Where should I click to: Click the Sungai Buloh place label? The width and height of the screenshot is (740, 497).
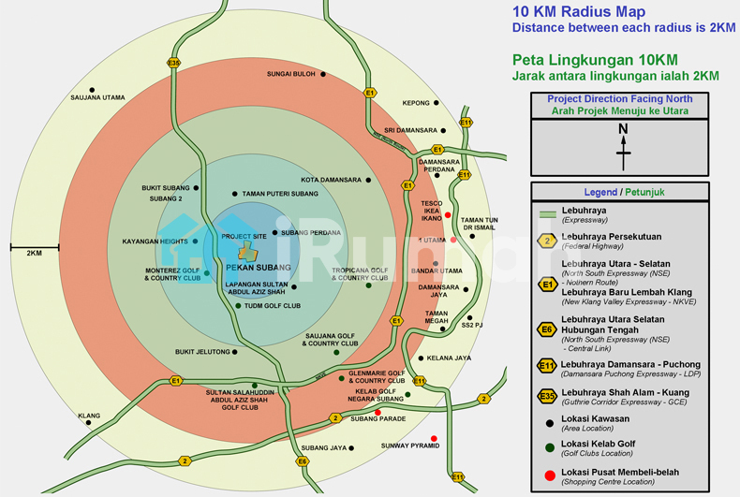click(291, 73)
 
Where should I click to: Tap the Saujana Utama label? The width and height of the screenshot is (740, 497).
click(97, 97)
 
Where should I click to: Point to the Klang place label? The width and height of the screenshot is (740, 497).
click(89, 416)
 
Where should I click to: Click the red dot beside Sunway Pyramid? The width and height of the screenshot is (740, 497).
click(433, 439)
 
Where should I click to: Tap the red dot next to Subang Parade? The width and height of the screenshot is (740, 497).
click(377, 413)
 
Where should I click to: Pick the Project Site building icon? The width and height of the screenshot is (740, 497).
click(246, 250)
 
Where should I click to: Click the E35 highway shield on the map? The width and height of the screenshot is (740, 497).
click(173, 63)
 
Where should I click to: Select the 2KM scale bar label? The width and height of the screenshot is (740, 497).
click(34, 254)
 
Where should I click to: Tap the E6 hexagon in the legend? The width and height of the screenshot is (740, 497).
click(547, 329)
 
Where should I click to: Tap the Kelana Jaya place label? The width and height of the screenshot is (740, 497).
click(449, 358)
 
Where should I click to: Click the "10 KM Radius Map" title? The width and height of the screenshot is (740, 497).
click(579, 12)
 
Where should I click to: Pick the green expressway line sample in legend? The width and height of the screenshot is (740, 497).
click(547, 214)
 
